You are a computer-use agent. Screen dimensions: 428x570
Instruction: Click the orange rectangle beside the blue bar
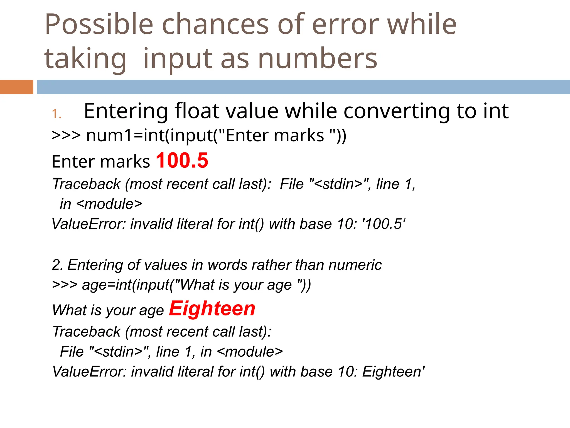pyautogui.click(x=16, y=87)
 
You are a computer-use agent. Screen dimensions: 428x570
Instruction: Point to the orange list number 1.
pyautogui.click(x=56, y=114)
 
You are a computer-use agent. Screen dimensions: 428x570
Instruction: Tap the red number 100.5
pyautogui.click(x=182, y=160)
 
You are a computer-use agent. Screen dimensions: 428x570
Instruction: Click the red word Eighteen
pyautogui.click(x=212, y=309)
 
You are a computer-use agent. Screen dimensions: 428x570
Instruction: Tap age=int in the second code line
pyautogui.click(x=106, y=285)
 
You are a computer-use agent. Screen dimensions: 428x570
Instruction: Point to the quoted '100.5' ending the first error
pyautogui.click(x=384, y=224)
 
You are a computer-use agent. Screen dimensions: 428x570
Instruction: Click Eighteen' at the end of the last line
pyautogui.click(x=393, y=372)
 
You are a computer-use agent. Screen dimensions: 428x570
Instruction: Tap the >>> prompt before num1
pyautogui.click(x=66, y=136)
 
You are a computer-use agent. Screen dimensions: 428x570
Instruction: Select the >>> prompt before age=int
pyautogui.click(x=65, y=285)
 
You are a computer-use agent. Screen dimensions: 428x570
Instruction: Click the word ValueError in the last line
pyautogui.click(x=89, y=372)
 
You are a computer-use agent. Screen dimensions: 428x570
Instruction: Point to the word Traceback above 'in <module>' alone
pyautogui.click(x=86, y=184)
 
